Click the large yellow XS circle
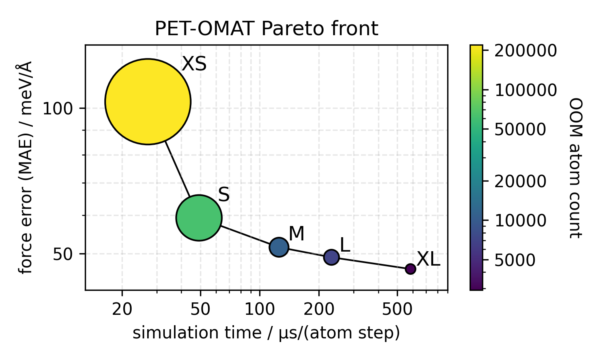(148, 102)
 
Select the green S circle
(199, 218)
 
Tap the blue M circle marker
(279, 247)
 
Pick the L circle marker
(331, 257)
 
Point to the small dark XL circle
(410, 269)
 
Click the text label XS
(194, 64)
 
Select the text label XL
(428, 260)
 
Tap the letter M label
(296, 234)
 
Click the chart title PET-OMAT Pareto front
(266, 29)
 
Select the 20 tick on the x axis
(122, 309)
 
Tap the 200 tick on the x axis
(318, 309)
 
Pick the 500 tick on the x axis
(397, 309)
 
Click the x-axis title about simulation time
(266, 333)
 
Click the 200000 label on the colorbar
(525, 51)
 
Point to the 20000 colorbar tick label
(520, 182)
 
